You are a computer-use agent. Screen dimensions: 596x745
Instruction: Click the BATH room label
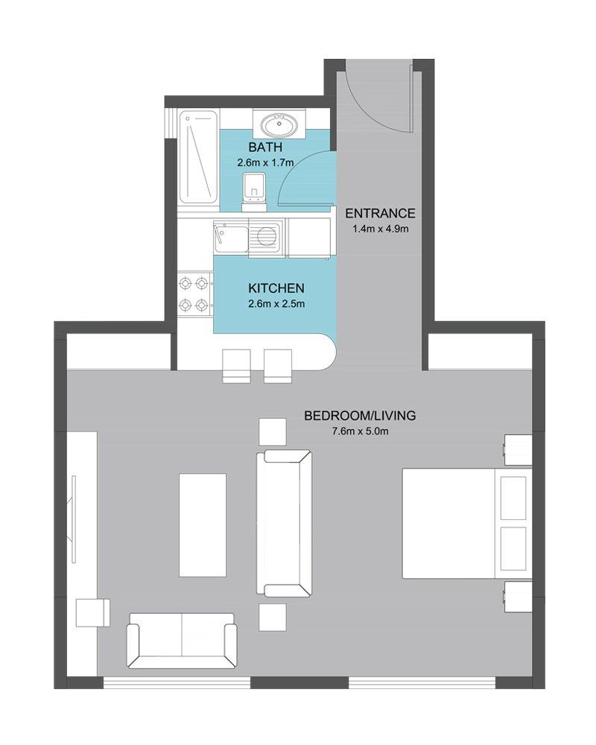pos(265,147)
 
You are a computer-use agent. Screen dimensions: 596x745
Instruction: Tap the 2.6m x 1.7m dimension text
pos(265,162)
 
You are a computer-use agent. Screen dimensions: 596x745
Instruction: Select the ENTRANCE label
pos(380,213)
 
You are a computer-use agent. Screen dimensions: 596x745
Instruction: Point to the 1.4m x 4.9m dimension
pos(380,229)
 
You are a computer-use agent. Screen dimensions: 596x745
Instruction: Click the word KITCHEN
pos(276,288)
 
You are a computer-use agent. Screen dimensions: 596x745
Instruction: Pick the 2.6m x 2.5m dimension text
pos(276,304)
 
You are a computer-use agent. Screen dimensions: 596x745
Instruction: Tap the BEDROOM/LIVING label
pos(360,416)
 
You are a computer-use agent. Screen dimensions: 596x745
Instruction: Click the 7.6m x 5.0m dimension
pos(360,431)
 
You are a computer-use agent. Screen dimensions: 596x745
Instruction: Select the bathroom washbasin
pos(279,125)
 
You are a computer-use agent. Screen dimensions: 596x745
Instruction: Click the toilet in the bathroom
pos(254,192)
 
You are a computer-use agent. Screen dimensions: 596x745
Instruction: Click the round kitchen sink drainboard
pos(266,235)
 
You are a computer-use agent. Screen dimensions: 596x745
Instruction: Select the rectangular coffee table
pos(203,525)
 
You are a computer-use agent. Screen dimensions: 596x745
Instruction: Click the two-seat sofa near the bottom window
pos(182,641)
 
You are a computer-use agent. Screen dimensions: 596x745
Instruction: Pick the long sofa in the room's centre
pos(284,524)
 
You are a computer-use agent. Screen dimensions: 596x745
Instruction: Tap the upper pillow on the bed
pos(513,498)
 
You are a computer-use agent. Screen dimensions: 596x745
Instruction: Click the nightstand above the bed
pos(518,450)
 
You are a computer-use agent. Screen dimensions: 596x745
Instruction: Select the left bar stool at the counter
pos(237,366)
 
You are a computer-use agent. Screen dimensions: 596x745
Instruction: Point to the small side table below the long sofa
pos(273,617)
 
